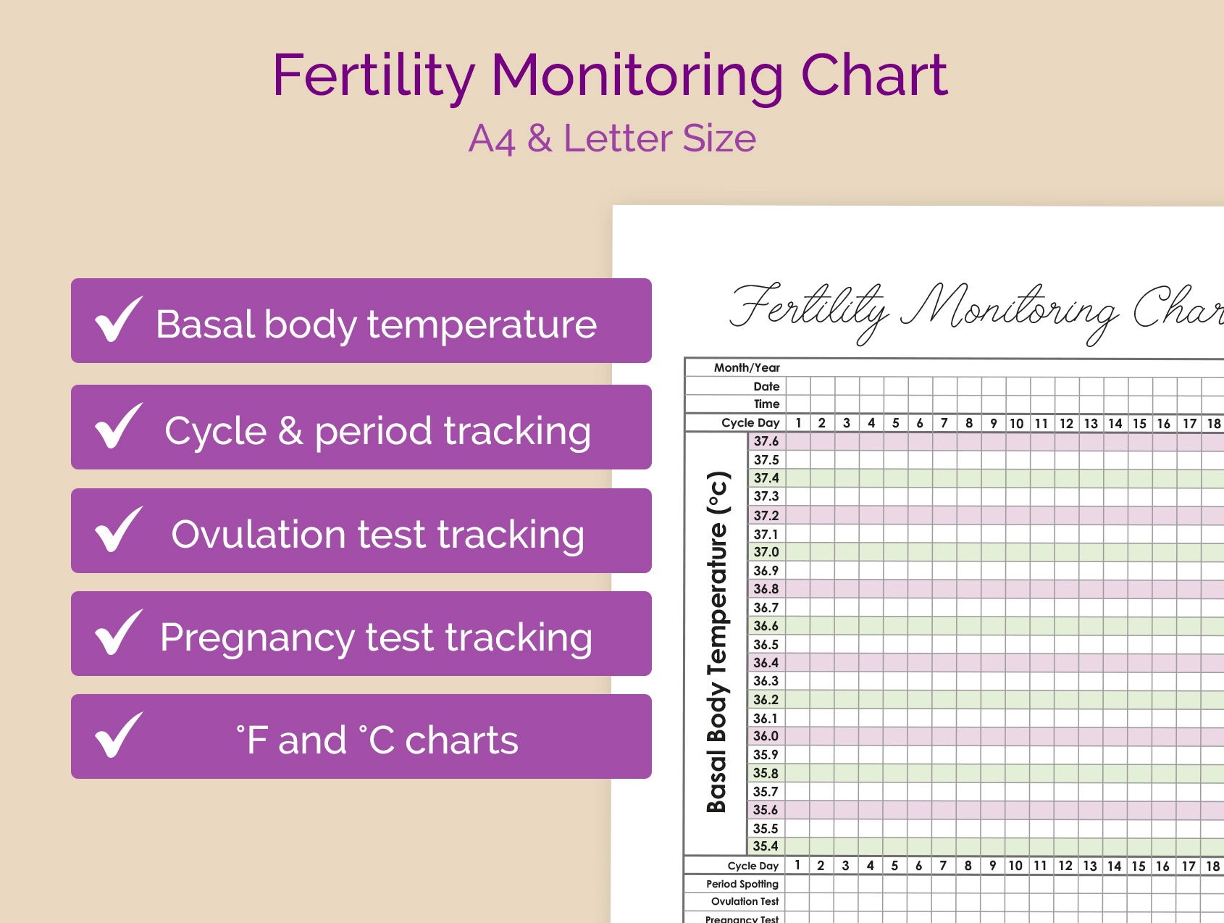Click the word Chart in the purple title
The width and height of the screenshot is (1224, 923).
(874, 75)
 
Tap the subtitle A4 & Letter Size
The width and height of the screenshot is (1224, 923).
(612, 138)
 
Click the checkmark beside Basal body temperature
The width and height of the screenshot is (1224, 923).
(118, 319)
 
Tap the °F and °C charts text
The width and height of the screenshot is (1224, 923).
(377, 740)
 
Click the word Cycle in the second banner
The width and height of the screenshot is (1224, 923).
(215, 431)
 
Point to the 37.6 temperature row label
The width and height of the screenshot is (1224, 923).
(766, 441)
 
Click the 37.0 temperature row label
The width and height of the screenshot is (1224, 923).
(766, 552)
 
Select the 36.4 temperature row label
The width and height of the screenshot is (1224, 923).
(766, 663)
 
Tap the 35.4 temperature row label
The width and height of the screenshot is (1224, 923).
(766, 846)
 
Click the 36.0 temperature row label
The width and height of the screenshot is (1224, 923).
(766, 736)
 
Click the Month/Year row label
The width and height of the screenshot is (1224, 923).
(747, 368)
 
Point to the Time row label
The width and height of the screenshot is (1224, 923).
(766, 404)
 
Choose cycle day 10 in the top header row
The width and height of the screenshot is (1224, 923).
(1016, 424)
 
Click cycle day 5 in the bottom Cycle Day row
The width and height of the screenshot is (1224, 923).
(894, 866)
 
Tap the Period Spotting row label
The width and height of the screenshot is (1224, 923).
(742, 884)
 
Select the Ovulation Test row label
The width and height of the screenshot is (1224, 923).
(745, 902)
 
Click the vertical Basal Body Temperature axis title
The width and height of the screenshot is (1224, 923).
(716, 642)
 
